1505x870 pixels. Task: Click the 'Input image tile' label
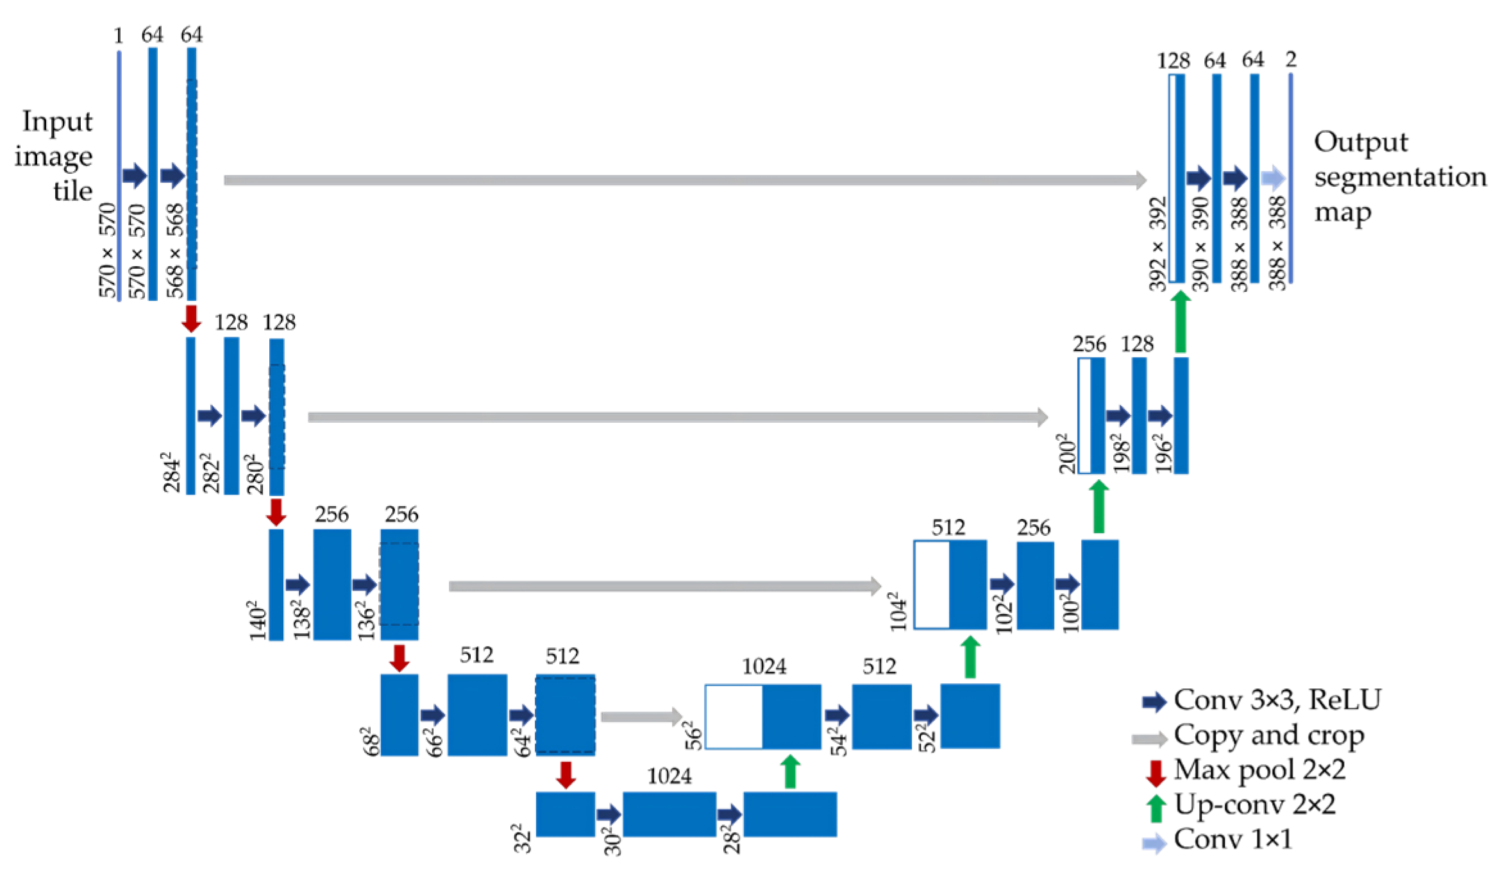pos(55,157)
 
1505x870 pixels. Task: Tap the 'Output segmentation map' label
pos(1398,177)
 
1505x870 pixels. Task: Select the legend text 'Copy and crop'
pos(1268,735)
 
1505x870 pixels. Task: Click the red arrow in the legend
pos(1155,772)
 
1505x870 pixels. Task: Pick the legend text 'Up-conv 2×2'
pos(1254,805)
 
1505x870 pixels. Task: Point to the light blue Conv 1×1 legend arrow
pos(1154,842)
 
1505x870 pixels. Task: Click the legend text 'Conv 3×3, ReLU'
pos(1277,700)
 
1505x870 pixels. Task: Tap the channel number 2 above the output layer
pos(1291,60)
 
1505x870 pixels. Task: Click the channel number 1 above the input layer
pos(118,36)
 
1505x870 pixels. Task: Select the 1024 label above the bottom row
pos(669,777)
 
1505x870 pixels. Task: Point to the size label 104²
pos(898,615)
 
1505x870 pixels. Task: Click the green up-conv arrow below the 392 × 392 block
pos(1180,322)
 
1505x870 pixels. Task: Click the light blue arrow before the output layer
pos(1274,178)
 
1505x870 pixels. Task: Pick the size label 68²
pos(371,740)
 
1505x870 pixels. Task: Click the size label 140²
pos(256,620)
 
